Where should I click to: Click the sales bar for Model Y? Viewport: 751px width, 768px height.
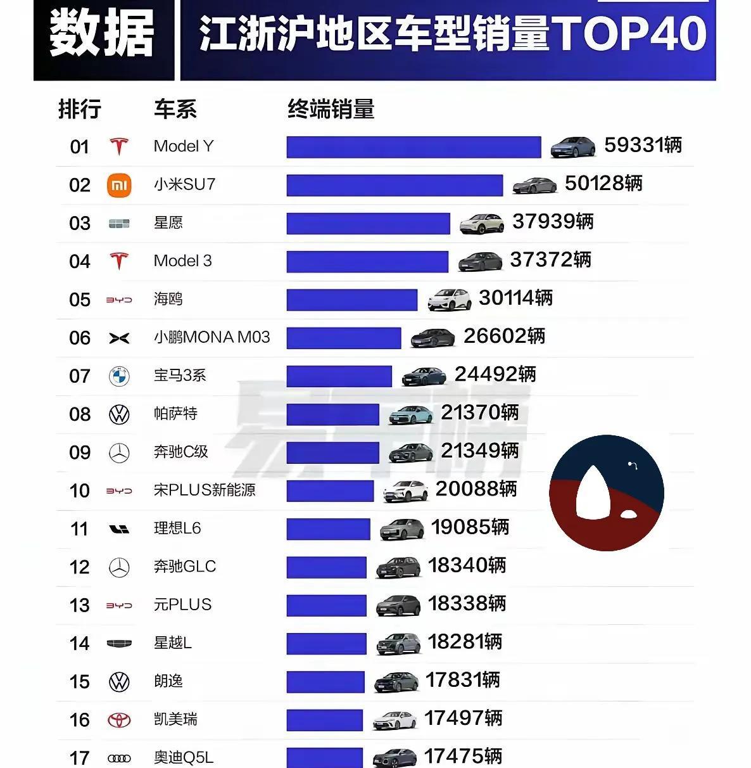(x=413, y=147)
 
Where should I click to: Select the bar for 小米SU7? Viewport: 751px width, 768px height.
(x=394, y=185)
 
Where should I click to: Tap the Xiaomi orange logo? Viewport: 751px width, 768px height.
(x=119, y=185)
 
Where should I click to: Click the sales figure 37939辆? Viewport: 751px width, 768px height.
(x=553, y=222)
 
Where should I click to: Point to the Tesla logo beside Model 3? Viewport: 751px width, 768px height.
(x=119, y=261)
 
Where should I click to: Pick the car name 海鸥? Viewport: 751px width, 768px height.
(x=168, y=298)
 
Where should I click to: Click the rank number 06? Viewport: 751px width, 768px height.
(x=80, y=338)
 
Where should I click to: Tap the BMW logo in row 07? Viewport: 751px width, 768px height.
(x=119, y=376)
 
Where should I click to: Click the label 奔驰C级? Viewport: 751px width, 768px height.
(x=181, y=452)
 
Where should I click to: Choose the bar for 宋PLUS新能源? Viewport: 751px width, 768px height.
(x=330, y=490)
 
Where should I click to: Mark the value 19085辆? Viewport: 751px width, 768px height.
(x=470, y=527)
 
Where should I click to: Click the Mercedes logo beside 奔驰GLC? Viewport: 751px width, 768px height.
(x=119, y=567)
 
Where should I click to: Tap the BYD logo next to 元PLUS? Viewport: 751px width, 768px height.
(x=119, y=605)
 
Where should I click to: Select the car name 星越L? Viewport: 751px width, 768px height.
(x=173, y=643)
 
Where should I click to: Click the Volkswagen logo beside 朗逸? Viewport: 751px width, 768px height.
(x=119, y=682)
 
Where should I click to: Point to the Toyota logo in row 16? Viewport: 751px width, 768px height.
(x=119, y=720)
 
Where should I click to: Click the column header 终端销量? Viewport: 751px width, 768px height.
(x=331, y=109)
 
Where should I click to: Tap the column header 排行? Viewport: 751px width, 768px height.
(x=80, y=109)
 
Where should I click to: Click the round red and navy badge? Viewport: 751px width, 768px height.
(x=606, y=492)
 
